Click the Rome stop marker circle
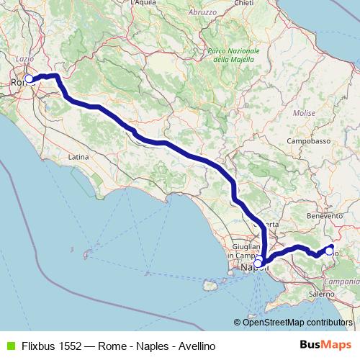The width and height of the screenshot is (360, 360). [x=29, y=78]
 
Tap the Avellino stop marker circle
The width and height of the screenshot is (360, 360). [x=329, y=251]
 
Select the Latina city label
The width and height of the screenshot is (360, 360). [x=78, y=156]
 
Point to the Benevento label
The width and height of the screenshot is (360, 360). [x=324, y=215]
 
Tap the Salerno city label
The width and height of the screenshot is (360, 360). [x=321, y=294]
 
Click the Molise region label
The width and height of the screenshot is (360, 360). [x=305, y=113]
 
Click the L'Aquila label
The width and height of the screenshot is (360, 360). [x=143, y=3]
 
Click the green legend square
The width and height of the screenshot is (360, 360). [x=9, y=344]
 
